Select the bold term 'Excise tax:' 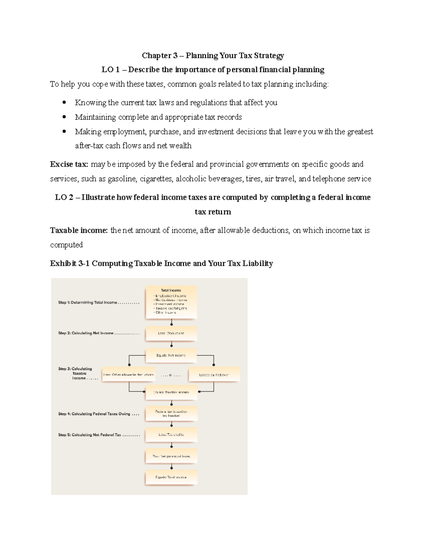tap(69, 164)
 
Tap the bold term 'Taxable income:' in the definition tap(79, 231)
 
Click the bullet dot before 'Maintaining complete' tap(64, 117)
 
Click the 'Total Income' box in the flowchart tap(171, 302)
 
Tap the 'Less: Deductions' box tap(171, 334)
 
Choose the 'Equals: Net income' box tap(171, 355)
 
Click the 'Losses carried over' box tap(214, 375)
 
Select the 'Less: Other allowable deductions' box tap(129, 375)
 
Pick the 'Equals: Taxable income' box tap(171, 392)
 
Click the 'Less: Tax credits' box tap(171, 435)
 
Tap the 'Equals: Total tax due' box tap(171, 477)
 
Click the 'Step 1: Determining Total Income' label tap(88, 303)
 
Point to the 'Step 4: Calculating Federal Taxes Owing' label tap(94, 414)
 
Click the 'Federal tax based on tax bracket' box tap(171, 413)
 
